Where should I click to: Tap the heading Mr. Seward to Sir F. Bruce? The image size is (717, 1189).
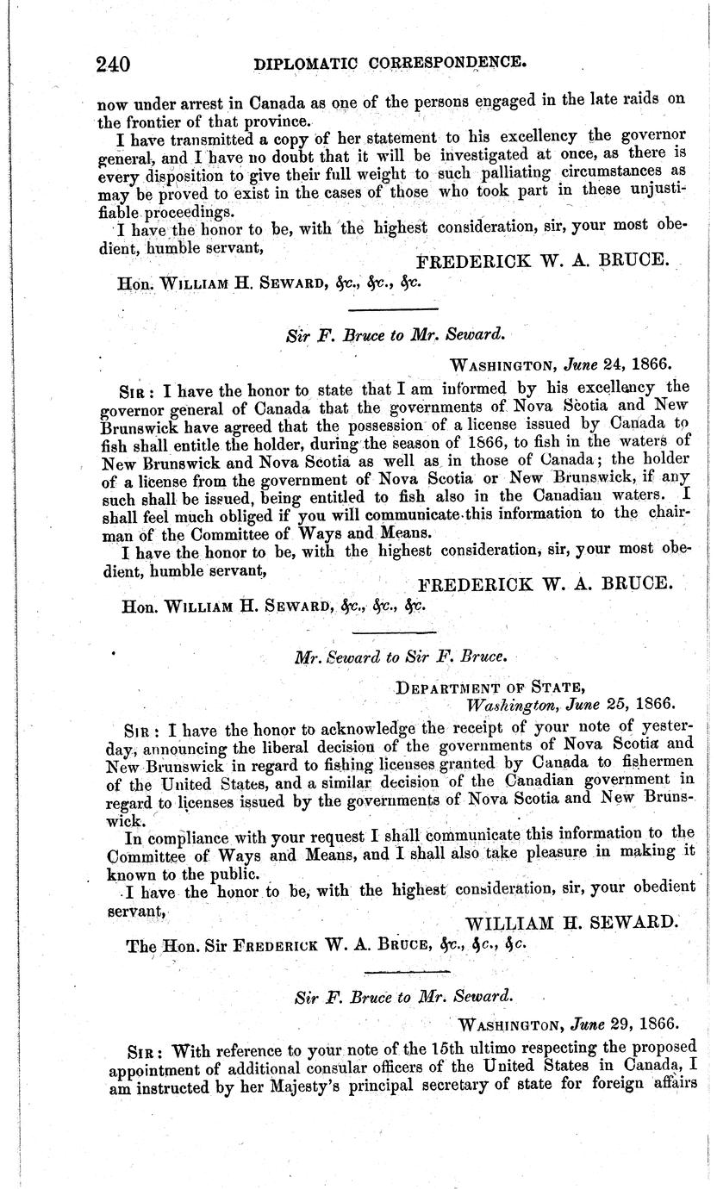[399, 657]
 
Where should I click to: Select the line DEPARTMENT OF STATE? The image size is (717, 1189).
[489, 687]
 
